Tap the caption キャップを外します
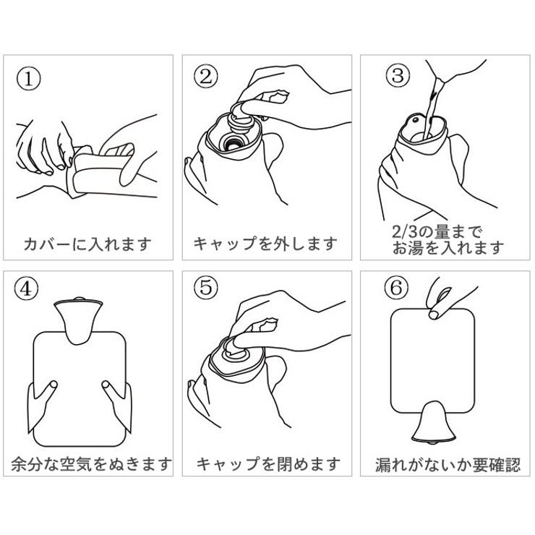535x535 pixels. coord(266,244)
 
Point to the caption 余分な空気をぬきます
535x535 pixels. coord(90,463)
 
